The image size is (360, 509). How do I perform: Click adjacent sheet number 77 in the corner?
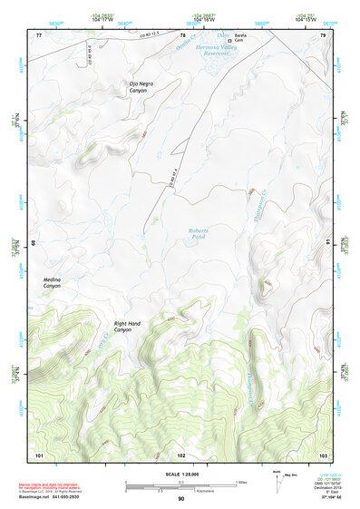39,34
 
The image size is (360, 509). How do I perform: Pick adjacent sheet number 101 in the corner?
39,454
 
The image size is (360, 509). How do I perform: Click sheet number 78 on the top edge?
180,34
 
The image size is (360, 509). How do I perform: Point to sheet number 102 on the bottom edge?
180,454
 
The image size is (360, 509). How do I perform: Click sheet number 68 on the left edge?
34,244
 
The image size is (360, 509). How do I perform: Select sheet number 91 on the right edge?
327,244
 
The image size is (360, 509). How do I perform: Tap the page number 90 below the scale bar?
180,498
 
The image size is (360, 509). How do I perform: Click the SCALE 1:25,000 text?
180,472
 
